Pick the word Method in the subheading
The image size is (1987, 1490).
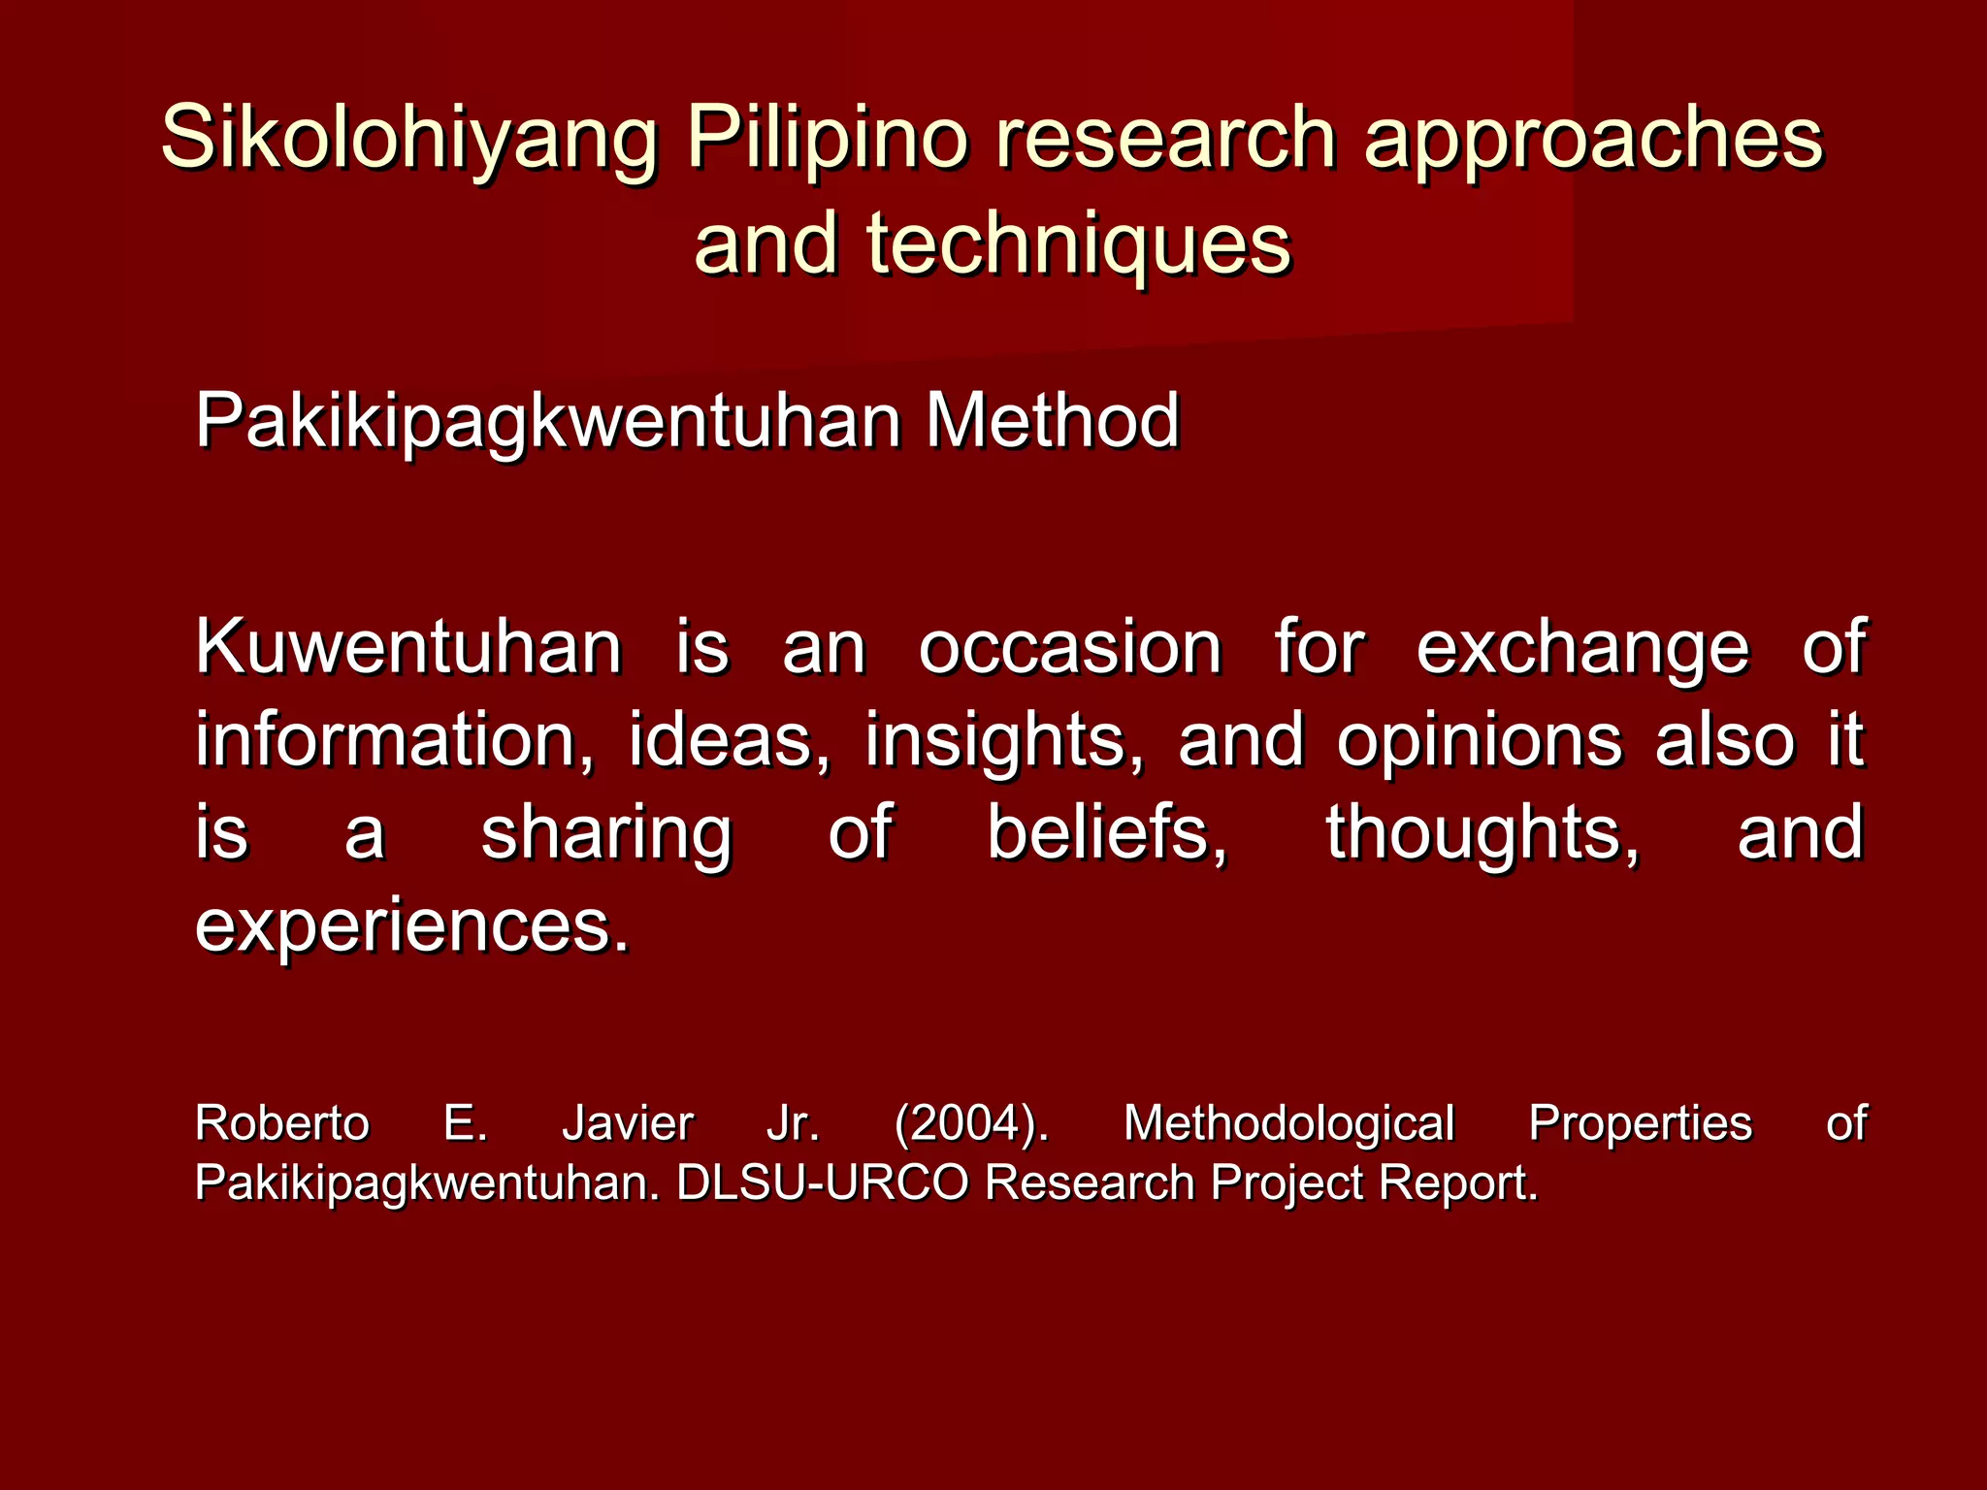tap(1052, 421)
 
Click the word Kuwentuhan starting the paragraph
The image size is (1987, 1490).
tap(408, 647)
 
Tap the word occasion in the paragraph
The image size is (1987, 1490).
tap(1069, 647)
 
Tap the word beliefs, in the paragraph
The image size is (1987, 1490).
tap(1107, 832)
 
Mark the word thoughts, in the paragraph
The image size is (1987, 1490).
tap(1482, 832)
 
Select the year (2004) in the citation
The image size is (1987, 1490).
tap(971, 1124)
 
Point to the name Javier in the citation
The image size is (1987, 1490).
tap(628, 1123)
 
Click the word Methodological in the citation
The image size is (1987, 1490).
tap(1288, 1124)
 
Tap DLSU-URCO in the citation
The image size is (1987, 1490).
tap(822, 1182)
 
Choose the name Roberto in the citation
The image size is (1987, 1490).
tap(282, 1123)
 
